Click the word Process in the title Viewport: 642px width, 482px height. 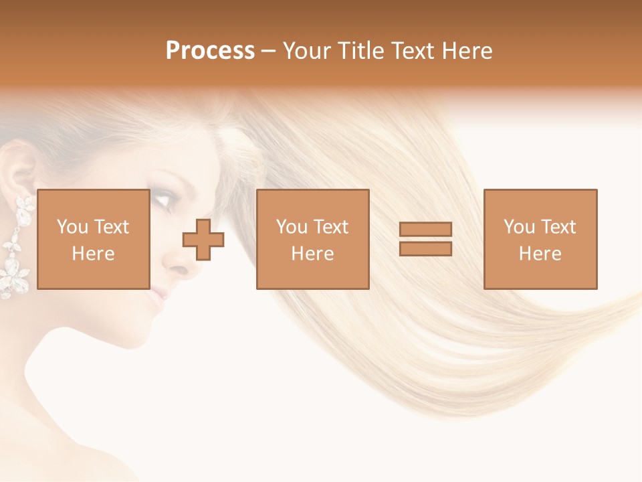(x=210, y=51)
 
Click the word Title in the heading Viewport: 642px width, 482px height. (x=361, y=51)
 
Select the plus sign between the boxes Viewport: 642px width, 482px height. (x=203, y=239)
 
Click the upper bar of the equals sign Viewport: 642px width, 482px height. (x=425, y=229)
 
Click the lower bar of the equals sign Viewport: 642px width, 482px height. (x=425, y=248)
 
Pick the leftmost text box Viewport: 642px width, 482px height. (x=93, y=239)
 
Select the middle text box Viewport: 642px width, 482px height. (x=312, y=239)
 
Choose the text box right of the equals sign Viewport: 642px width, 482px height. (x=540, y=239)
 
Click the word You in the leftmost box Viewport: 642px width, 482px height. (x=71, y=227)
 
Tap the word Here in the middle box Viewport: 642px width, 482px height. (x=312, y=254)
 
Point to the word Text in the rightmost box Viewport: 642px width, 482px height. (x=558, y=227)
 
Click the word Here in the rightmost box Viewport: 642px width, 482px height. (x=540, y=254)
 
